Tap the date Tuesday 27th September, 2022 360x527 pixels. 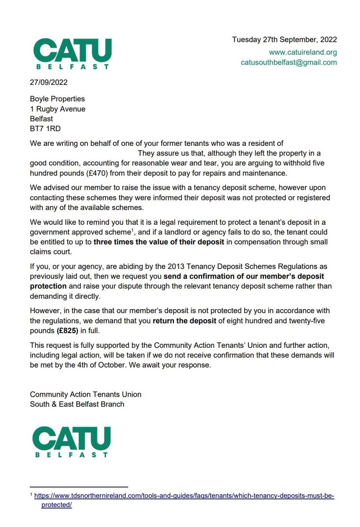click(284, 40)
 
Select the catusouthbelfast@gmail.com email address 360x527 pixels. click(289, 62)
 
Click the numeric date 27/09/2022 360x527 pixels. click(49, 82)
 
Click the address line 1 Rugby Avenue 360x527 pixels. click(58, 109)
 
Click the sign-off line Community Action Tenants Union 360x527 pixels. click(85, 394)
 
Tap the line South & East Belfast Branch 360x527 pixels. click(77, 404)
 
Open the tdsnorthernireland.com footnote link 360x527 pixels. click(184, 496)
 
